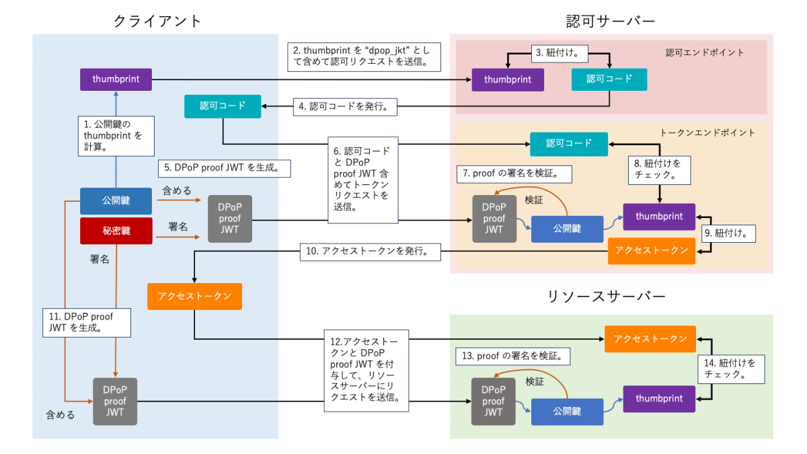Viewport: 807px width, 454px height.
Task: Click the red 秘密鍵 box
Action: (x=116, y=231)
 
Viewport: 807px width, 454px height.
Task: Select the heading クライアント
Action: (x=157, y=22)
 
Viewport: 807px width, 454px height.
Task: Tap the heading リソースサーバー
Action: (x=611, y=296)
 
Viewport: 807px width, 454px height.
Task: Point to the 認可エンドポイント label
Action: (x=705, y=52)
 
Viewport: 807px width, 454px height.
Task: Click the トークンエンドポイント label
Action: (x=707, y=133)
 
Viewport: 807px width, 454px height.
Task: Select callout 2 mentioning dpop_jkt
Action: (x=364, y=57)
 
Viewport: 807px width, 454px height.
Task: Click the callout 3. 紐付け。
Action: (x=558, y=50)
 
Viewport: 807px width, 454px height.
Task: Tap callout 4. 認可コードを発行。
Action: (x=345, y=106)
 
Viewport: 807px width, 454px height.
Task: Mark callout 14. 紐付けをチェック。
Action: (x=730, y=369)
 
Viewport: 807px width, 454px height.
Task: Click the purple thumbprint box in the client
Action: (x=116, y=79)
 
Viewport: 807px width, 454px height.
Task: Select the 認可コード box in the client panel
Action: (x=223, y=106)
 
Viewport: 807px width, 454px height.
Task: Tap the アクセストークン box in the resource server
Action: (x=650, y=338)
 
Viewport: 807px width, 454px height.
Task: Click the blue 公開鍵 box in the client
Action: (x=116, y=200)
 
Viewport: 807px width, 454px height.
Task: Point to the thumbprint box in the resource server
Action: (x=659, y=399)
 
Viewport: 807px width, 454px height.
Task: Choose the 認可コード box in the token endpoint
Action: (x=569, y=143)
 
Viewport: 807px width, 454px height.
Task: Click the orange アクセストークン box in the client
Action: (x=194, y=296)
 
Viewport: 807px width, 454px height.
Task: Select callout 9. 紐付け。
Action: (x=729, y=233)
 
